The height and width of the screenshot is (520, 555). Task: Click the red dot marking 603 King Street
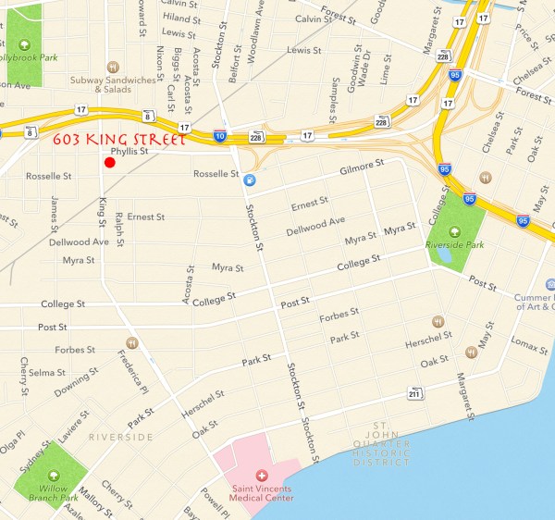pyautogui.click(x=109, y=163)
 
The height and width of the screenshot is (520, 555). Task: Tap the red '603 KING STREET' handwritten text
pyautogui.click(x=119, y=140)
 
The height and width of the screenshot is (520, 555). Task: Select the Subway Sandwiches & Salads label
pyautogui.click(x=113, y=84)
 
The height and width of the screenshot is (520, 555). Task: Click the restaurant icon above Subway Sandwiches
pyautogui.click(x=113, y=66)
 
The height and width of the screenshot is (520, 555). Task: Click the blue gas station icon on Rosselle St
pyautogui.click(x=250, y=180)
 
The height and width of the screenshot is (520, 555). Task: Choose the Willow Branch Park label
pyautogui.click(x=50, y=492)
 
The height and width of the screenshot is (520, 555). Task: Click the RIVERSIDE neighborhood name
pyautogui.click(x=120, y=435)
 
